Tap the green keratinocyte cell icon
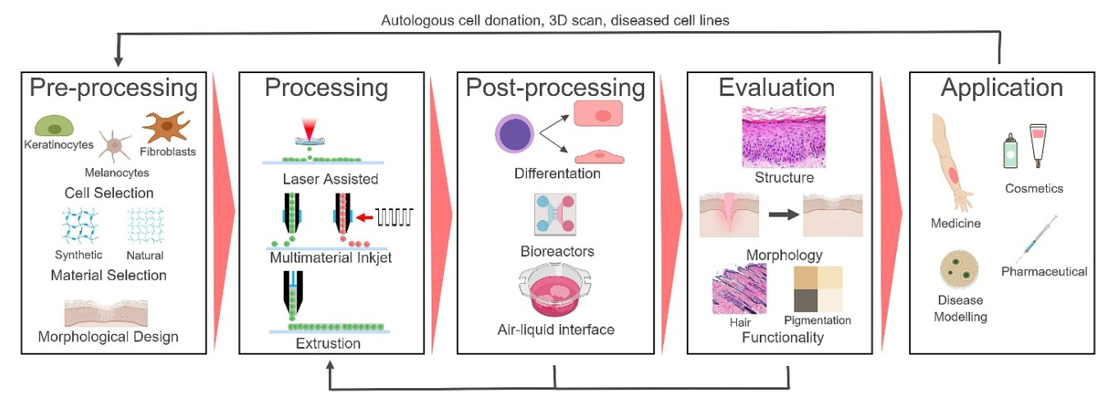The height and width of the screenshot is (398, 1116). tap(54, 126)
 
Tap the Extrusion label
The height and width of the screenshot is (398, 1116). tap(327, 343)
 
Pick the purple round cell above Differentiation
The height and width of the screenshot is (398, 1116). tap(516, 135)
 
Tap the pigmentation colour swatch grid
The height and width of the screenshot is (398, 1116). tap(817, 288)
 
